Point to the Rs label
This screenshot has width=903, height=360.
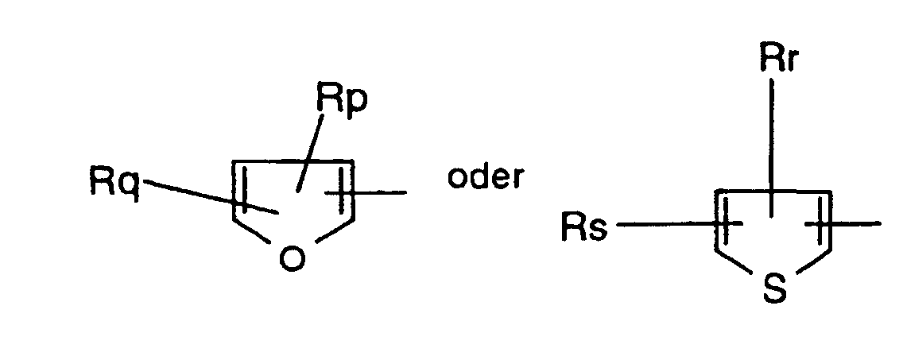coord(584,228)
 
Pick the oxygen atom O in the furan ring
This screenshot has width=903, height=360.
coord(293,260)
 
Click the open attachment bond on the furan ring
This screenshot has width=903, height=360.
coord(382,192)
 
